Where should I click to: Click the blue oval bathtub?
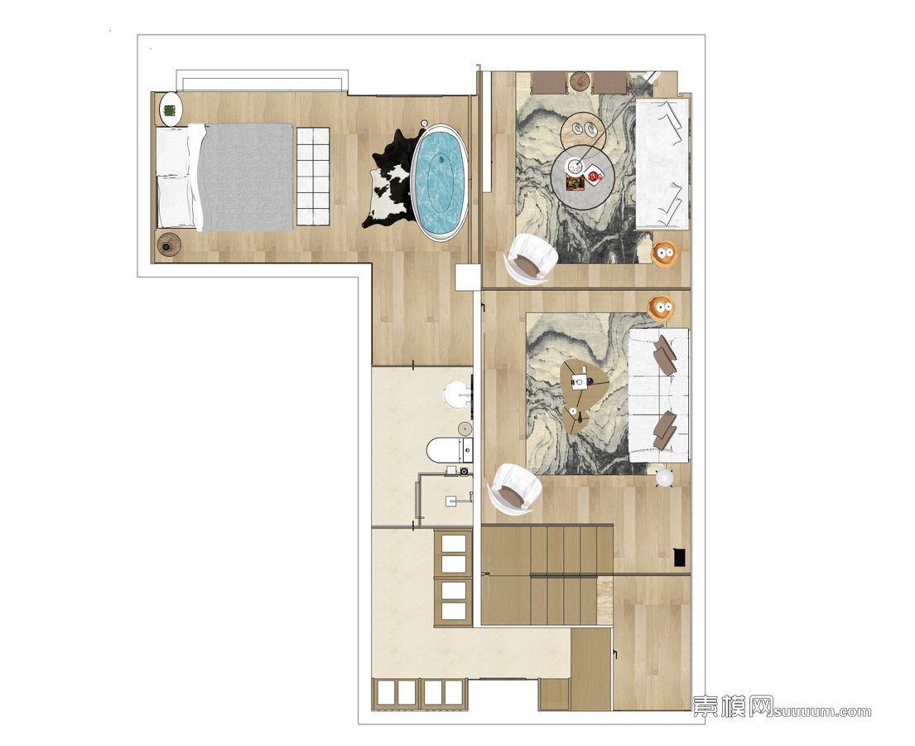tap(439, 181)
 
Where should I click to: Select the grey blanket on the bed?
tap(245, 177)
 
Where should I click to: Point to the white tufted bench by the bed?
tap(313, 176)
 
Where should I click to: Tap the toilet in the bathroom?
tap(450, 450)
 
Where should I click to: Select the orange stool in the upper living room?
tap(663, 254)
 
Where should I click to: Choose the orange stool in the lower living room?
tap(661, 307)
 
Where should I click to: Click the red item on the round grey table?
tap(594, 175)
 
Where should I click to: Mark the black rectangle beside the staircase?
tap(679, 557)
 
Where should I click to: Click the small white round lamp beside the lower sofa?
tap(664, 478)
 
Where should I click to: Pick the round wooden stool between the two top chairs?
tap(580, 81)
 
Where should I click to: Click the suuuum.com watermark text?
tap(823, 711)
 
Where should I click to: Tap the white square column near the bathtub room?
tap(468, 277)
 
